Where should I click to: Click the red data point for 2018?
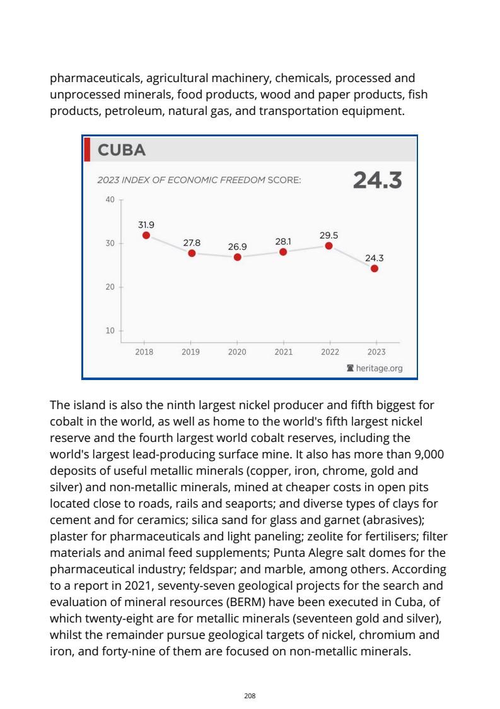pos(146,235)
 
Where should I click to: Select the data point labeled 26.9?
pos(238,257)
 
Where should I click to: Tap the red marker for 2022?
pos(328,246)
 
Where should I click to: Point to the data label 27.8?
pos(192,242)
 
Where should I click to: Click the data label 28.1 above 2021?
pos(283,241)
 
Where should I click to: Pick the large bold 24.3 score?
pos(377,181)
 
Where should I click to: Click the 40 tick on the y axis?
pos(110,200)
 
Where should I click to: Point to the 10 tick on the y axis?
pos(110,330)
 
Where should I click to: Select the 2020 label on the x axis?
pos(237,352)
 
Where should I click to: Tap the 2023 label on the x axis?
pos(376,352)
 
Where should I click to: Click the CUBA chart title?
pos(122,150)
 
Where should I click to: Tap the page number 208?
pos(250,695)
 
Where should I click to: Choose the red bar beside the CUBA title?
pos(88,150)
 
